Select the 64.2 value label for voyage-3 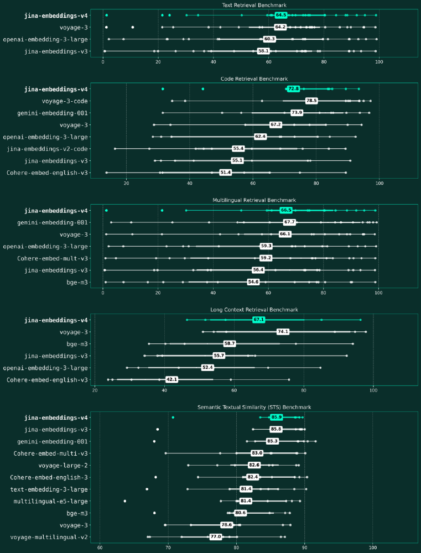pos(280,27)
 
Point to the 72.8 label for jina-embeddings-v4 pos(294,88)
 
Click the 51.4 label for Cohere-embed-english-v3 pos(225,173)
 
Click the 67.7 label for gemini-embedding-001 pos(289,222)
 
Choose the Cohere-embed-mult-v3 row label pos(53,258)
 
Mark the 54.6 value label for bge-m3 pos(253,282)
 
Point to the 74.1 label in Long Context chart pos(283,332)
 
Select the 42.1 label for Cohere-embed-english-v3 pos(171,380)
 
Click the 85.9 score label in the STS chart pos(276,418)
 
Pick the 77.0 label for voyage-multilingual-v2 pos(215,537)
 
